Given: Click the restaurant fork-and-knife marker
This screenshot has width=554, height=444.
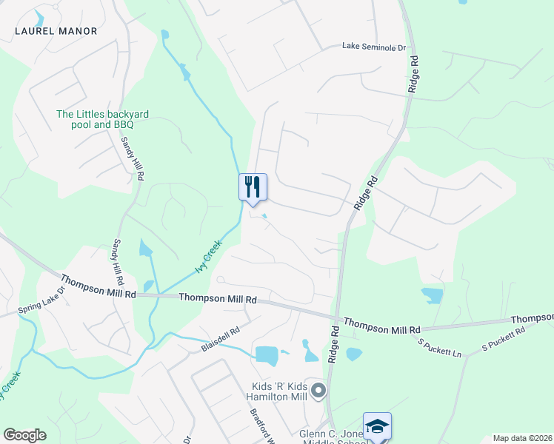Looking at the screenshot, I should [252, 187].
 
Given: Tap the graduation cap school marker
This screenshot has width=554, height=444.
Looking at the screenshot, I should [377, 426].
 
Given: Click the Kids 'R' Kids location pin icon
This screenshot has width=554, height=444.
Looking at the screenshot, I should [318, 390].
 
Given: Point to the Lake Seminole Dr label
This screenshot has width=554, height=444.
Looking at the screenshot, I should [375, 47].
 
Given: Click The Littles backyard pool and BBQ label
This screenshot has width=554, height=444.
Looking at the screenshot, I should [103, 119].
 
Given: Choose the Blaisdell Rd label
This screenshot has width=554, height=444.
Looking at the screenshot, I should [221, 340].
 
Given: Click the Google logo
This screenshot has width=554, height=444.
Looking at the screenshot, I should [24, 435].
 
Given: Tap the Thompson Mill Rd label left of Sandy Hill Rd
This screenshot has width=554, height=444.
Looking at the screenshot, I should [98, 286].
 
